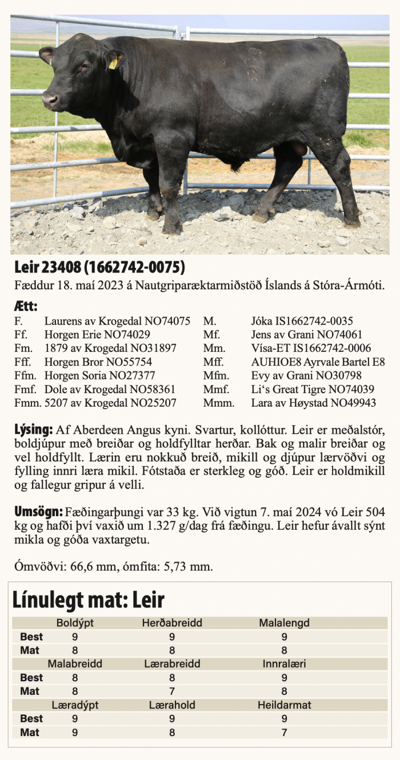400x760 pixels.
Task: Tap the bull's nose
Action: (49, 100)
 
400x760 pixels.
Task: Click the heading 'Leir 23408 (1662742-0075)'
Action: (100, 268)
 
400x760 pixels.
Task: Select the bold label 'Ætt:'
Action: (26, 307)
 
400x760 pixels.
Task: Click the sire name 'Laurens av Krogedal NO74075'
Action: (117, 321)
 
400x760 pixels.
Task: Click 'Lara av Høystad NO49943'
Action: (313, 403)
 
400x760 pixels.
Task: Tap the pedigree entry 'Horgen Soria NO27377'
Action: (100, 376)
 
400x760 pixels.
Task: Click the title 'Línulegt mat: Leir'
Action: (88, 600)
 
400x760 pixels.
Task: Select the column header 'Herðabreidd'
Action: (172, 623)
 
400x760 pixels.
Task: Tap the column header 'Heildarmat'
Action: (284, 705)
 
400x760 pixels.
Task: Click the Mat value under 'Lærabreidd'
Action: (172, 691)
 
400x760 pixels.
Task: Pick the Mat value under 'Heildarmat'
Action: (284, 732)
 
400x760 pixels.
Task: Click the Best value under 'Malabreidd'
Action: (75, 677)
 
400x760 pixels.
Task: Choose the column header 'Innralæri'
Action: (284, 664)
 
